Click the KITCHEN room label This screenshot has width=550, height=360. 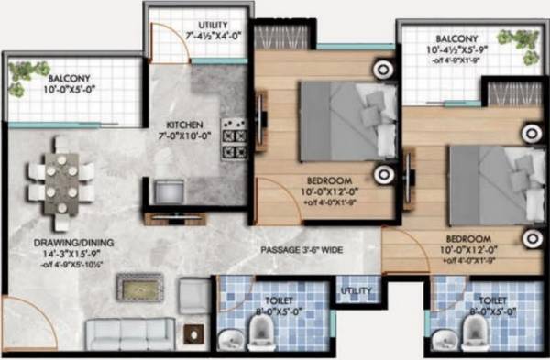183,125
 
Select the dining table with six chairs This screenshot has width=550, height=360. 60,180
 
